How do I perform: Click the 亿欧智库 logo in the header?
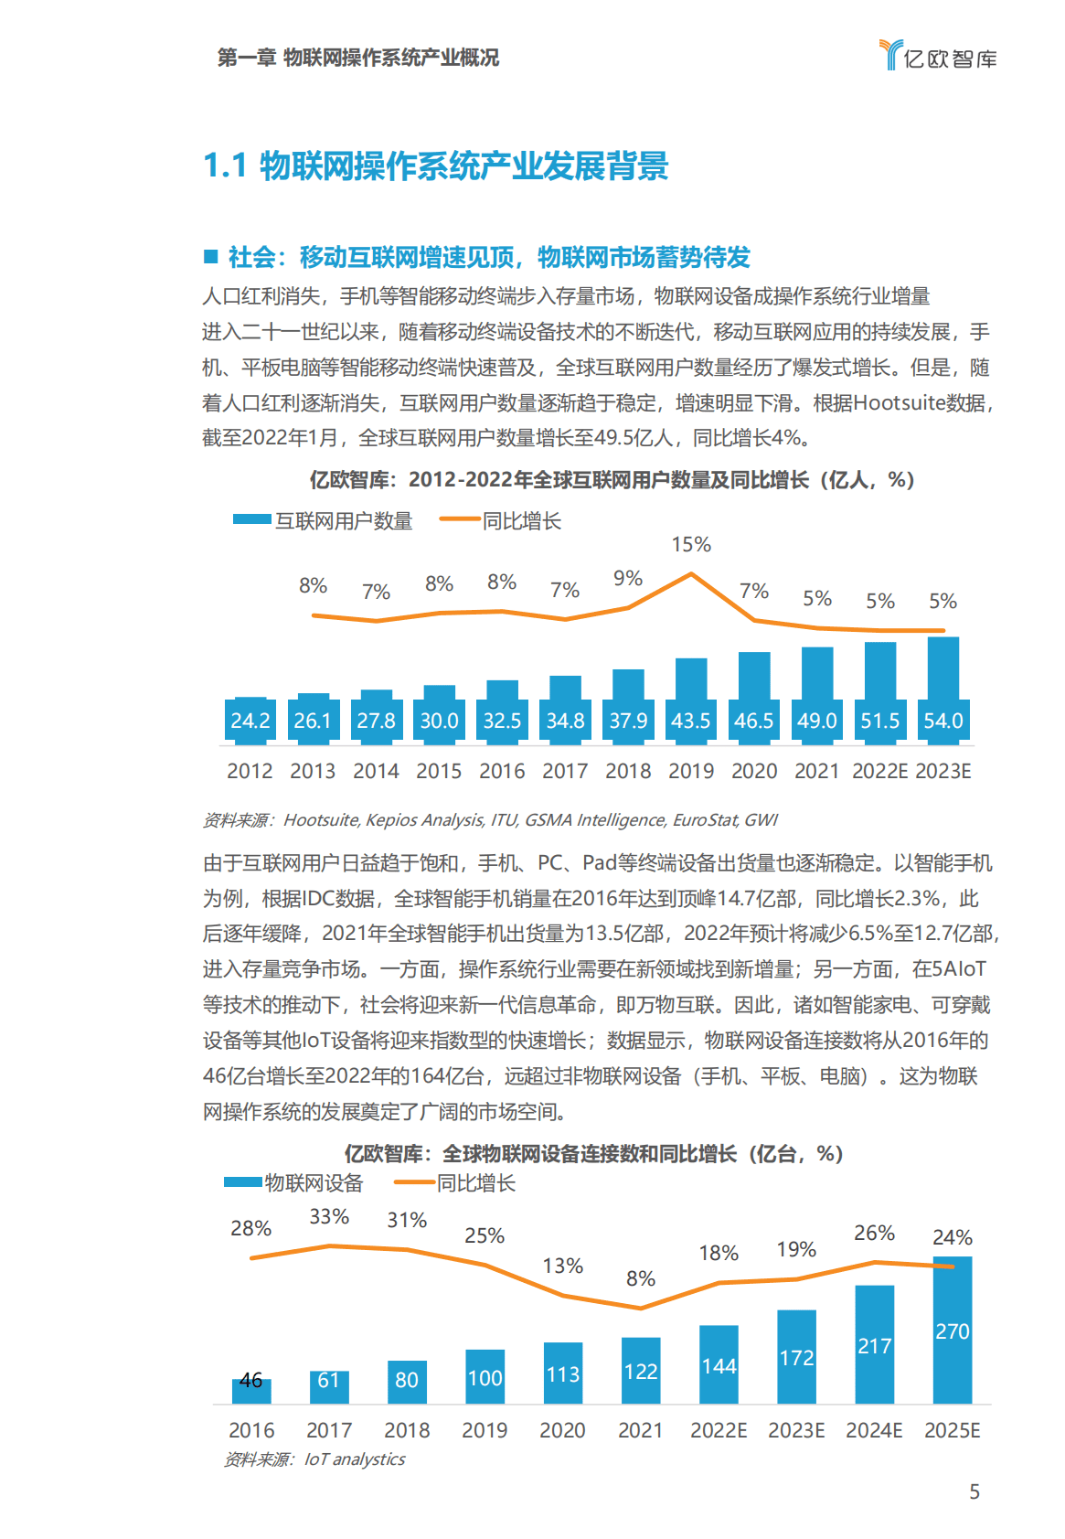pyautogui.click(x=937, y=57)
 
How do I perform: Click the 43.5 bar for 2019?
pyautogui.click(x=691, y=699)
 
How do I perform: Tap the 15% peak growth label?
pyautogui.click(x=690, y=545)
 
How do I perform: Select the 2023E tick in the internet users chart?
pyautogui.click(x=943, y=771)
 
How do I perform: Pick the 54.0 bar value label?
pyautogui.click(x=943, y=721)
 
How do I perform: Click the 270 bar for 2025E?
pyautogui.click(x=952, y=1331)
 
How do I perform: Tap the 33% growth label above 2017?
pyautogui.click(x=329, y=1217)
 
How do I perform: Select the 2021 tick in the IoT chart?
pyautogui.click(x=640, y=1430)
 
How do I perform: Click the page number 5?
pyautogui.click(x=974, y=1491)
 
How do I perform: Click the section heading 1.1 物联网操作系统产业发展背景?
pyautogui.click(x=435, y=166)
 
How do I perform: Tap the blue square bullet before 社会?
pyautogui.click(x=211, y=256)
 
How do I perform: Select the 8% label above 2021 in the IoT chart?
pyautogui.click(x=640, y=1278)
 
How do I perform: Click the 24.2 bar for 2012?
pyautogui.click(x=250, y=720)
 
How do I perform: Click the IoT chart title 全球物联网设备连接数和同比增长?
pyautogui.click(x=592, y=1154)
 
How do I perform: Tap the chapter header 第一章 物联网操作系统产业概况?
pyautogui.click(x=357, y=58)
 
